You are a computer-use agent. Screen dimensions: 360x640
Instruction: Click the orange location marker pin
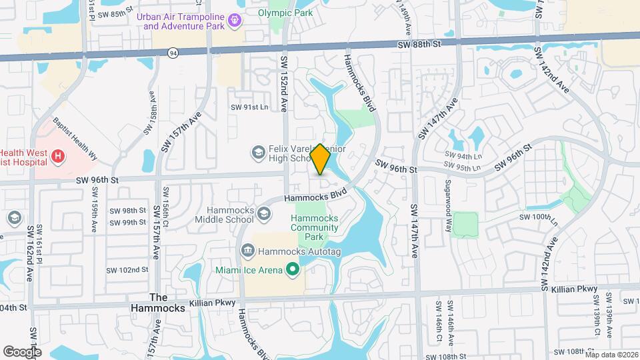(320, 159)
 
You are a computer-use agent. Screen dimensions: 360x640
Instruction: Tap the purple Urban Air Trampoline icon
(234, 21)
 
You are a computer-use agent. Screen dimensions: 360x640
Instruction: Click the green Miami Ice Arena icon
(292, 270)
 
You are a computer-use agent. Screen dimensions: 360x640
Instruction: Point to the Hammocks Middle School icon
(264, 213)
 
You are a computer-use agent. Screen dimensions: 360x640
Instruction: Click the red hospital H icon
(59, 157)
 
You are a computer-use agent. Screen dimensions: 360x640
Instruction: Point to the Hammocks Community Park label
(315, 227)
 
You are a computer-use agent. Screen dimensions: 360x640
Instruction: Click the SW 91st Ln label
(249, 107)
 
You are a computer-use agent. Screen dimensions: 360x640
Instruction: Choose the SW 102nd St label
(127, 270)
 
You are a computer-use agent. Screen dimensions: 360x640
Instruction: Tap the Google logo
(22, 351)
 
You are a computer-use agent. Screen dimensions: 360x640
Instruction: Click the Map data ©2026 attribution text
(611, 355)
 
